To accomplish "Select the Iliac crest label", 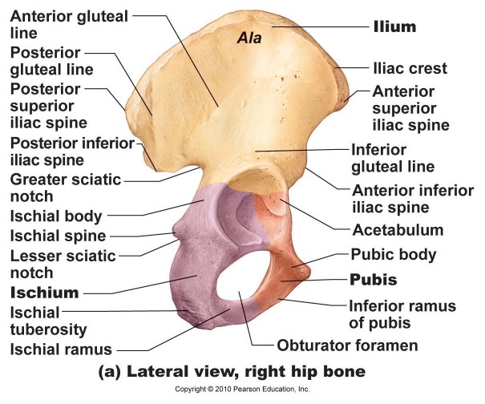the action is (410, 69).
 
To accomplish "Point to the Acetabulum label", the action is (398, 230).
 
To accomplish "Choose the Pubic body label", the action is (394, 255).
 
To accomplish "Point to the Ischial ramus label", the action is (60, 349).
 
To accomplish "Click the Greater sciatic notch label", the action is (64, 188).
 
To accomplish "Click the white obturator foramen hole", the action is (240, 297).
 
